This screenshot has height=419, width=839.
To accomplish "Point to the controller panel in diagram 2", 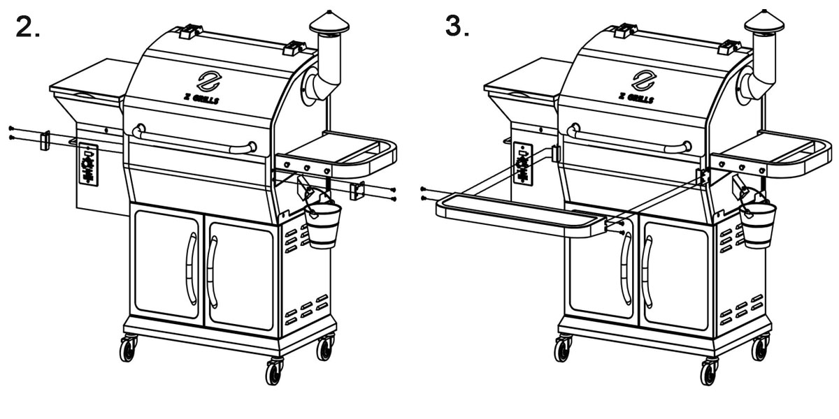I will pos(89,165).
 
